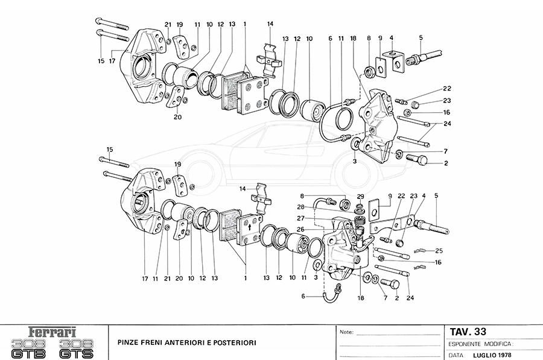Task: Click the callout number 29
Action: point(361,197)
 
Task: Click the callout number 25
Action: point(439,250)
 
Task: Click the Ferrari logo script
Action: point(52,332)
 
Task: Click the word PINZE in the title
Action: point(128,343)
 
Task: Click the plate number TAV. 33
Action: point(468,331)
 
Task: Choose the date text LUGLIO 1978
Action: point(492,355)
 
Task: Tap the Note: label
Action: point(347,332)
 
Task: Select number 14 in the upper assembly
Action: point(270,24)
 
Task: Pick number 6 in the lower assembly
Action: point(304,296)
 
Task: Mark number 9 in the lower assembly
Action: point(390,195)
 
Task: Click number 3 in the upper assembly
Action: point(355,162)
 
